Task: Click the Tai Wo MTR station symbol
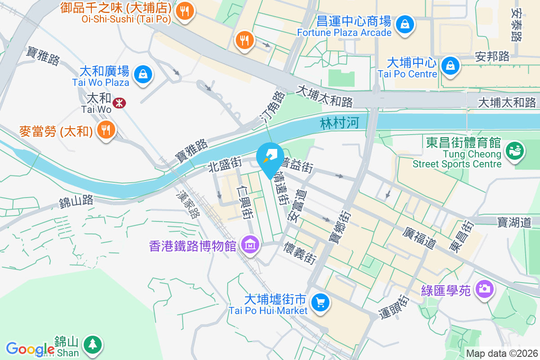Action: tap(119, 103)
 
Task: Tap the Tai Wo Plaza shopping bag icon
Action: tap(143, 73)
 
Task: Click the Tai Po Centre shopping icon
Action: tap(450, 66)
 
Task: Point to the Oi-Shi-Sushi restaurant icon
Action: tap(184, 12)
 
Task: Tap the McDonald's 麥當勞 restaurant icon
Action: tap(106, 130)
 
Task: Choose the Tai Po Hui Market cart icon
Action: tap(320, 302)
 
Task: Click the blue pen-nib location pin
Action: tap(270, 157)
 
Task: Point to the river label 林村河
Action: tap(340, 123)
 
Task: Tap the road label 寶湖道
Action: tap(514, 221)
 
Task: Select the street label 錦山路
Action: tap(76, 201)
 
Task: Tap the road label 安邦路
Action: tap(492, 56)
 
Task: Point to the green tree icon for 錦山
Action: tap(92, 345)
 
